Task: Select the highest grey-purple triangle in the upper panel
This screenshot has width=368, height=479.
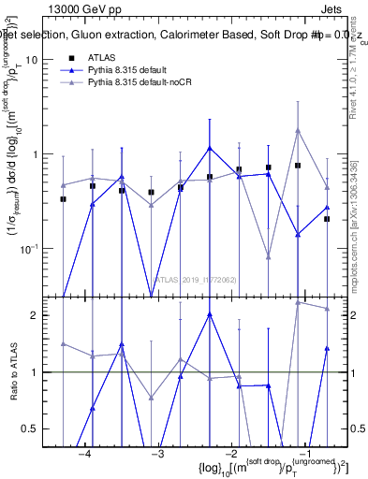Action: click(x=298, y=131)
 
